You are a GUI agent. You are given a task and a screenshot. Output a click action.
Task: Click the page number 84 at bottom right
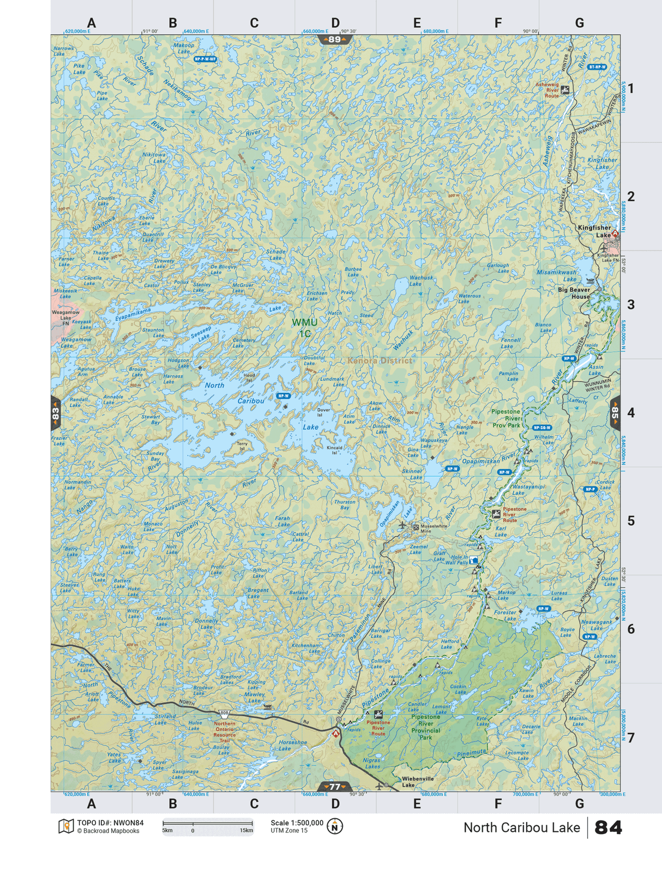pyautogui.click(x=608, y=827)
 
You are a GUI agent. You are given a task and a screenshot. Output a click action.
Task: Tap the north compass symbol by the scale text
pyautogui.click(x=334, y=826)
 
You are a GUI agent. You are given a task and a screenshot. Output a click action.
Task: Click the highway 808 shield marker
pyautogui.click(x=224, y=713)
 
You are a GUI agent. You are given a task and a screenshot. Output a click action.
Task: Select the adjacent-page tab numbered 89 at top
pyautogui.click(x=334, y=39)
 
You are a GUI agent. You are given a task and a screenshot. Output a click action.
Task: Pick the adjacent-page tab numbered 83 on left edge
pyautogui.click(x=55, y=413)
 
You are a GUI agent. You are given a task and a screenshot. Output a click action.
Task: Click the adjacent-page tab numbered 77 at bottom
pyautogui.click(x=334, y=787)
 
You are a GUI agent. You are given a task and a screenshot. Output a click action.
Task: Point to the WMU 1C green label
pyautogui.click(x=304, y=328)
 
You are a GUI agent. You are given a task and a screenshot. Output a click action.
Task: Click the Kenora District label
pyautogui.click(x=380, y=361)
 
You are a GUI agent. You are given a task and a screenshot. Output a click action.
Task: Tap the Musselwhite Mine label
pyautogui.click(x=433, y=529)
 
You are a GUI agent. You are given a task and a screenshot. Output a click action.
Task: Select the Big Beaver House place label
pyautogui.click(x=574, y=293)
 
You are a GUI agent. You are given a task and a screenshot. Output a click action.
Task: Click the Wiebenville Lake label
pyautogui.click(x=418, y=782)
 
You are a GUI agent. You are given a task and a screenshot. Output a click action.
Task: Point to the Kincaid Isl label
pyautogui.click(x=334, y=450)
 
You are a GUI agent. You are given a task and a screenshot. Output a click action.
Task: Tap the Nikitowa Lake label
pyautogui.click(x=154, y=158)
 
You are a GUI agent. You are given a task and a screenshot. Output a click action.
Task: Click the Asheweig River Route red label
pyautogui.click(x=547, y=90)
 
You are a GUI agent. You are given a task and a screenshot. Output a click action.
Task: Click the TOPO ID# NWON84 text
pyautogui.click(x=110, y=823)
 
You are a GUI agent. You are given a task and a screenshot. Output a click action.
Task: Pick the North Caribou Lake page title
pyautogui.click(x=521, y=827)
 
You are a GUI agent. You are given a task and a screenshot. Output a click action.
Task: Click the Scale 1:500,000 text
pyautogui.click(x=297, y=823)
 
